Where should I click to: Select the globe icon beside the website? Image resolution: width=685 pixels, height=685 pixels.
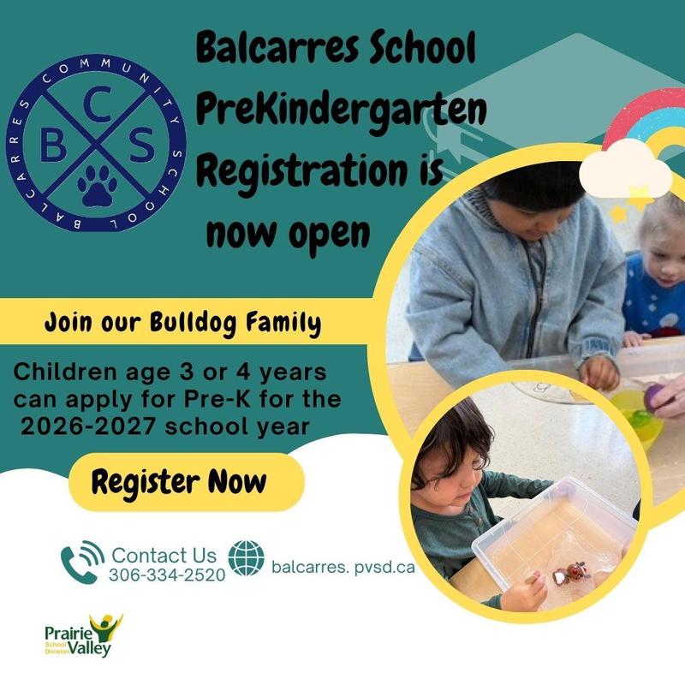[247, 558]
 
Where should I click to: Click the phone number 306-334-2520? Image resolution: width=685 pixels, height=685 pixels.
[167, 575]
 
